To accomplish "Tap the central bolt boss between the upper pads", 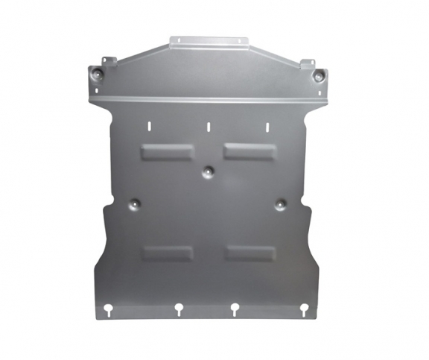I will click(208, 172).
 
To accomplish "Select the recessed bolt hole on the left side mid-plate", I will click(134, 203).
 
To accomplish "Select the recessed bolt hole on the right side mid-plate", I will click(280, 203).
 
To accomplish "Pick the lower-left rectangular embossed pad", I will click(168, 253).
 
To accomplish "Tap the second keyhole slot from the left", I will click(179, 307).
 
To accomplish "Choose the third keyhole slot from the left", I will click(235, 307).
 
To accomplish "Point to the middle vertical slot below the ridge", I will click(208, 126).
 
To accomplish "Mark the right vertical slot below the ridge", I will click(264, 125).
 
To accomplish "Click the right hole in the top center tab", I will click(238, 42).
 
